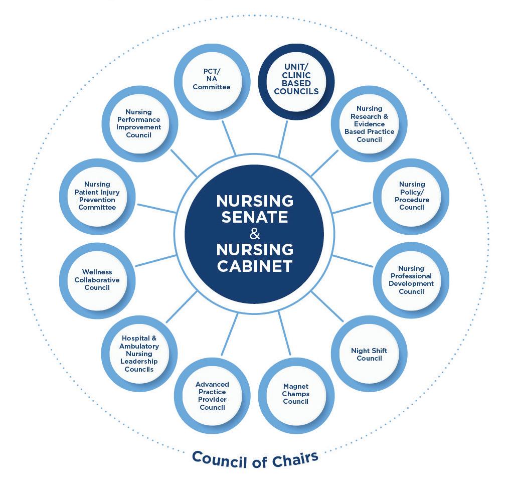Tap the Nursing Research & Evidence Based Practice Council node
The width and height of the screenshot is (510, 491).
pyautogui.click(x=370, y=124)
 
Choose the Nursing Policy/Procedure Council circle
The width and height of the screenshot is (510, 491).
pyautogui.click(x=412, y=196)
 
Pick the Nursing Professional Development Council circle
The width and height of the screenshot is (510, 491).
pyautogui.click(x=412, y=280)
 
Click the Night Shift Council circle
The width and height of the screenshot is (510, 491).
pyautogui.click(x=370, y=354)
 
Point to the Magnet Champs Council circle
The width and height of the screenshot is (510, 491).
pyautogui.click(x=296, y=394)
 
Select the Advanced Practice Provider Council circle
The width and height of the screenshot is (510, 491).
pyautogui.click(x=212, y=396)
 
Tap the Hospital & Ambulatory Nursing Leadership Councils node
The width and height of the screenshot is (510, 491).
pyautogui.click(x=139, y=354)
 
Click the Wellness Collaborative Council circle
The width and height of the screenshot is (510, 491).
pyautogui.click(x=97, y=280)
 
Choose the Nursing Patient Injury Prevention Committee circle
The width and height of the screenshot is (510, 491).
pyautogui.click(x=97, y=196)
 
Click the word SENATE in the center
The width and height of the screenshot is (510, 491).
pyautogui.click(x=255, y=217)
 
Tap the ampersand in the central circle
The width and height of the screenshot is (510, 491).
pyautogui.click(x=255, y=233)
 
